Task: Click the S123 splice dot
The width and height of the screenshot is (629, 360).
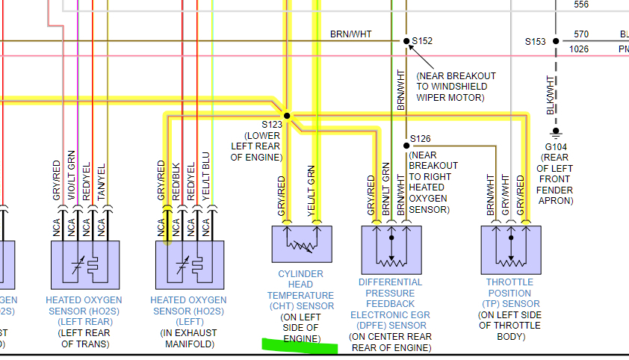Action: click(287, 116)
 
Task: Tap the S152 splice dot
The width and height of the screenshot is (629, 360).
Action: click(406, 41)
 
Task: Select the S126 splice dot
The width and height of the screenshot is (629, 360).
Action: click(406, 145)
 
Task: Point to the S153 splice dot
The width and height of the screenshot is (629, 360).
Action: click(556, 41)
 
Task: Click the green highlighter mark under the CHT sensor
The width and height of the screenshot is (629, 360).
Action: click(299, 345)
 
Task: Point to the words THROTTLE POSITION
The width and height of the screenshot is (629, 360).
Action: click(510, 288)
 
